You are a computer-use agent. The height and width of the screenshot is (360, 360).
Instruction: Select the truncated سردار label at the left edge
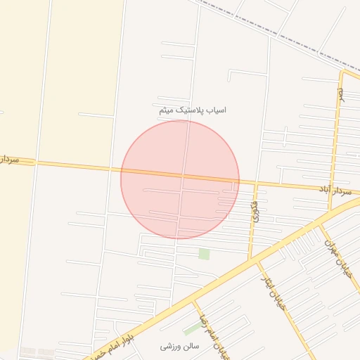click(x=17, y=161)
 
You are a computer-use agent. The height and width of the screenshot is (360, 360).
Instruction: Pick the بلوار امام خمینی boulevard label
click(x=117, y=342)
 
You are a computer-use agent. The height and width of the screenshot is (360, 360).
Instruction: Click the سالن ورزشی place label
click(x=180, y=347)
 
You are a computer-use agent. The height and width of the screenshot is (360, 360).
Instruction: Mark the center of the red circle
click(x=180, y=179)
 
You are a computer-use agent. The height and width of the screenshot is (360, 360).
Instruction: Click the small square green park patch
click(x=204, y=254)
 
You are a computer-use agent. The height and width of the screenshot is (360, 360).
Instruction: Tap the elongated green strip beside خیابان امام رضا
click(x=191, y=328)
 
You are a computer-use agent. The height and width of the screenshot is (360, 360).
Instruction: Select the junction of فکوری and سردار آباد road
click(x=257, y=184)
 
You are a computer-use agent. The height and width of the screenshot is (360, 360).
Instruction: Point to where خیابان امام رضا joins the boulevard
click(x=194, y=302)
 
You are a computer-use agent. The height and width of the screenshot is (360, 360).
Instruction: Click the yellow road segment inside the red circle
click(x=180, y=175)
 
